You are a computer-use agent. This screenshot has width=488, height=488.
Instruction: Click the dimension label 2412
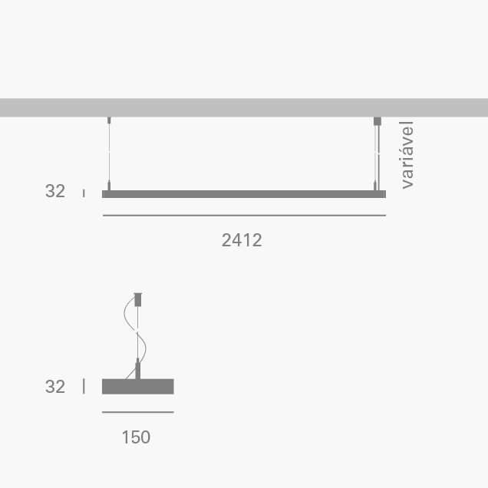click(x=242, y=240)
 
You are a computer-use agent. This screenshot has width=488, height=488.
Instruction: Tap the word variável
click(x=407, y=154)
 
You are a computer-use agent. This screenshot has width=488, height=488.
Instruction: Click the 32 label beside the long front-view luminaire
click(x=55, y=192)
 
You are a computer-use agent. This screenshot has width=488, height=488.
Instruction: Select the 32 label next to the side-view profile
click(x=55, y=387)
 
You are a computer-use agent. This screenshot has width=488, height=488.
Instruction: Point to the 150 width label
click(x=136, y=437)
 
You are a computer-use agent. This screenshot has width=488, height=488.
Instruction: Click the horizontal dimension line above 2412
click(x=244, y=216)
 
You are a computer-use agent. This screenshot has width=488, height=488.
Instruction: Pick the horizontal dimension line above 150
click(x=138, y=412)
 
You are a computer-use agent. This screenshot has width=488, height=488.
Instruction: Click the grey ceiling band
click(x=244, y=107)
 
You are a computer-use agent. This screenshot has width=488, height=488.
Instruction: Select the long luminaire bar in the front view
click(x=244, y=194)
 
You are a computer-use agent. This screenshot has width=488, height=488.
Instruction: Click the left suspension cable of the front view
click(x=109, y=153)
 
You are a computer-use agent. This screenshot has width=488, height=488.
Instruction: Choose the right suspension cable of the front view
click(x=377, y=153)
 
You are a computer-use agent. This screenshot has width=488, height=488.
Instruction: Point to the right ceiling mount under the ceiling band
click(x=377, y=121)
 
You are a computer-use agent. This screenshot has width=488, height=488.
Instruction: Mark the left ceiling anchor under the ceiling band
click(x=109, y=120)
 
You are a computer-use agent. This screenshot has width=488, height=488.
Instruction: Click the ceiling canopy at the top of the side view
click(x=139, y=298)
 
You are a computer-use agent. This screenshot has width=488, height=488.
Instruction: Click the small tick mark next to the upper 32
click(x=84, y=193)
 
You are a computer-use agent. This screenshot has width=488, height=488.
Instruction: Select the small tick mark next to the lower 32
click(x=84, y=387)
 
